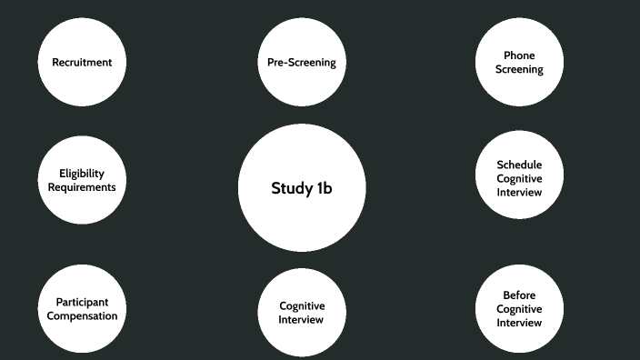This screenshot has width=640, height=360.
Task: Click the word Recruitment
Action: pyautogui.click(x=82, y=63)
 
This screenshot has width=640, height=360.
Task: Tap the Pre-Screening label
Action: pyautogui.click(x=302, y=63)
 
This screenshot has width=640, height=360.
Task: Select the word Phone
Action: pyautogui.click(x=519, y=55)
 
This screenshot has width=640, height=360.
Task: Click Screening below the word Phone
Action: pyautogui.click(x=519, y=69)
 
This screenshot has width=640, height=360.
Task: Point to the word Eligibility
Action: pyautogui.click(x=82, y=174)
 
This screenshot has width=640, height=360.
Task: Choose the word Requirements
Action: pyautogui.click(x=82, y=187)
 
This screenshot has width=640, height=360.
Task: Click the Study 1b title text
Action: pyautogui.click(x=302, y=188)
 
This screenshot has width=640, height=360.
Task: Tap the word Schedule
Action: pyautogui.click(x=519, y=165)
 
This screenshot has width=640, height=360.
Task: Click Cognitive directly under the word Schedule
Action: pyautogui.click(x=519, y=179)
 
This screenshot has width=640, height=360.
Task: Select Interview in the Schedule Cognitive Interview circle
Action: pyautogui.click(x=519, y=192)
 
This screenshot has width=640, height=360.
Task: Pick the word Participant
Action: pyautogui.click(x=82, y=303)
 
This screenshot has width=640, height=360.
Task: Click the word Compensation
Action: pyautogui.click(x=82, y=316)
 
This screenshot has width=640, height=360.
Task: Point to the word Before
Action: pyautogui.click(x=519, y=295)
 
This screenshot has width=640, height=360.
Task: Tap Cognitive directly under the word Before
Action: pyautogui.click(x=519, y=309)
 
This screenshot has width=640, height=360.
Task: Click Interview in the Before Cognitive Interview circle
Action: pyautogui.click(x=519, y=323)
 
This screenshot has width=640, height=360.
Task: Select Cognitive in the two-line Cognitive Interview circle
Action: pyautogui.click(x=302, y=306)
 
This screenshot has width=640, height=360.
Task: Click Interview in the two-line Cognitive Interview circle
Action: pyautogui.click(x=301, y=320)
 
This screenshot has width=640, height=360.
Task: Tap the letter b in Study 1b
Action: pyautogui.click(x=327, y=188)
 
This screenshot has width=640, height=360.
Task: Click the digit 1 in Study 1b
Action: pyautogui.click(x=319, y=188)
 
